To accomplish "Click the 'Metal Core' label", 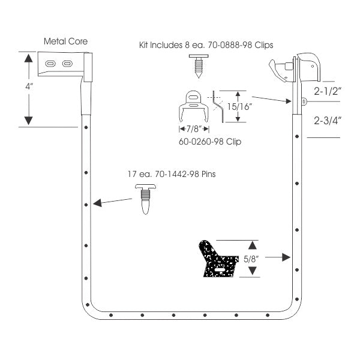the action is tap(65, 41).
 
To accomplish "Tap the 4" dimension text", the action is tap(29, 86).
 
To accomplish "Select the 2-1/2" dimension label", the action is tap(328, 91).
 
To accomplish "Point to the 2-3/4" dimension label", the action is tap(328, 121).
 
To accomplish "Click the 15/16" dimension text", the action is tap(239, 107).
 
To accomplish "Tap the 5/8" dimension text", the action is tap(251, 259).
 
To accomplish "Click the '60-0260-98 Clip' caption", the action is tap(210, 142).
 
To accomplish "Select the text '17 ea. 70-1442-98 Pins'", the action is tap(172, 174).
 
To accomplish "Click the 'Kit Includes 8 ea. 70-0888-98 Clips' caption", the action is tap(206, 45).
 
